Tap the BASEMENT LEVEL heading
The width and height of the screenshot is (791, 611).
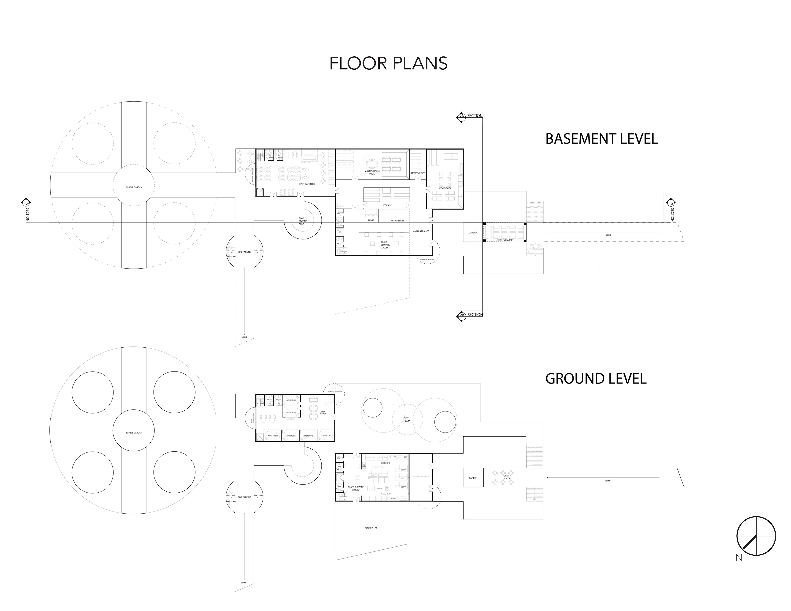click(x=601, y=139)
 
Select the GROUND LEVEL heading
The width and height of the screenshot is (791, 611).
click(x=596, y=379)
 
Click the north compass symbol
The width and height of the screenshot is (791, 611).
click(x=756, y=536)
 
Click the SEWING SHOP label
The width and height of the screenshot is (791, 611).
click(x=418, y=173)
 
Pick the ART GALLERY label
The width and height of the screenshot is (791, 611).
click(x=397, y=221)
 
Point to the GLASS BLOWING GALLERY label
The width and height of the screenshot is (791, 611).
click(x=385, y=245)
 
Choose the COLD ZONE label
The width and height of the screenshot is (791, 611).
click(x=386, y=494)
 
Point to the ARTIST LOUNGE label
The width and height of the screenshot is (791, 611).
click(x=323, y=412)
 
